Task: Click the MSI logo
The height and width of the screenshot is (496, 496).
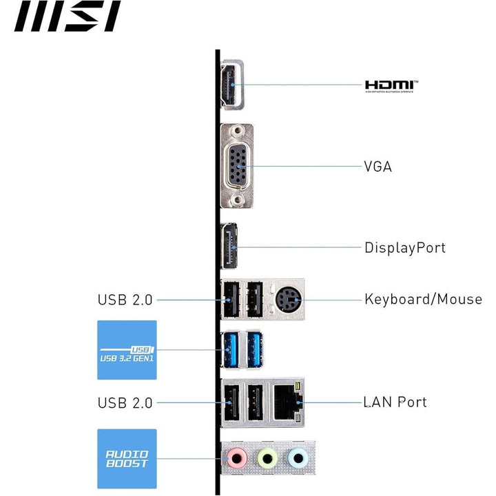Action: pyautogui.click(x=67, y=17)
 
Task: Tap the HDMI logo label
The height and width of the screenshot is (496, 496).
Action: pyautogui.click(x=391, y=85)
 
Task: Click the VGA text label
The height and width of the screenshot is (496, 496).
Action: pyautogui.click(x=378, y=166)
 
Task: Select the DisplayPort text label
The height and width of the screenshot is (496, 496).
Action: pyautogui.click(x=405, y=247)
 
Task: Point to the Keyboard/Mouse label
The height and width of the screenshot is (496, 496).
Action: pyautogui.click(x=423, y=300)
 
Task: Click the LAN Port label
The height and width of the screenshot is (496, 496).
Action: pyautogui.click(x=395, y=402)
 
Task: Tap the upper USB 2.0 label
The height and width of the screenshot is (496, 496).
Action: pyautogui.click(x=125, y=300)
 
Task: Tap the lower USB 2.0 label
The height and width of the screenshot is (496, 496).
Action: pyautogui.click(x=125, y=402)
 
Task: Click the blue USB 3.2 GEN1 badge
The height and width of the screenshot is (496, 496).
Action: pyautogui.click(x=127, y=350)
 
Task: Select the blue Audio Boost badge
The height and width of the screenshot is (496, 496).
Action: pyautogui.click(x=127, y=459)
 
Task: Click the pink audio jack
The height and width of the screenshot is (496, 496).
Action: pyautogui.click(x=237, y=457)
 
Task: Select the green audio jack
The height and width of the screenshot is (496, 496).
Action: pyautogui.click(x=267, y=457)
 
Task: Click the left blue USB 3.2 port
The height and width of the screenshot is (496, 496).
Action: pyautogui.click(x=229, y=350)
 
